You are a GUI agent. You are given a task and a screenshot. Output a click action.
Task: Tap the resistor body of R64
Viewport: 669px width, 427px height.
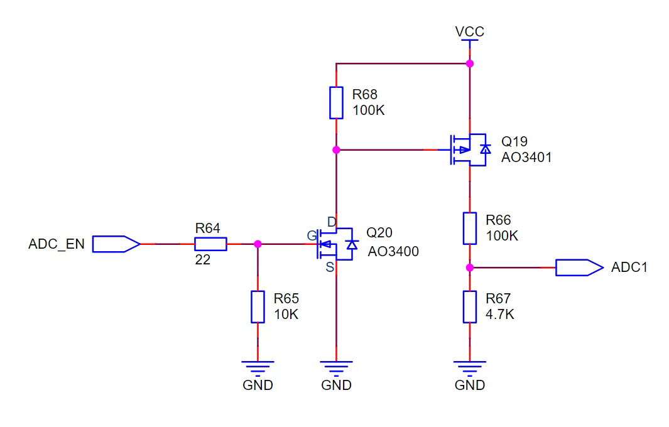coord(210,244)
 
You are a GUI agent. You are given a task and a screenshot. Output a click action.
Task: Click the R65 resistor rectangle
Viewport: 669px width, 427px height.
coord(258,306)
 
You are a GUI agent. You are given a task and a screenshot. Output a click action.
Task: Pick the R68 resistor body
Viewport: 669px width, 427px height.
coord(336,103)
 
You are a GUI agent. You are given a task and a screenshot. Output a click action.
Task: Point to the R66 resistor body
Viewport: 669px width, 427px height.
coord(469,228)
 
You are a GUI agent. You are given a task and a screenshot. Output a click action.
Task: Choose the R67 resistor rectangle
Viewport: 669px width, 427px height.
coord(469,306)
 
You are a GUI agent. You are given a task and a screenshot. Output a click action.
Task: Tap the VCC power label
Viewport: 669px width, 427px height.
coord(469,31)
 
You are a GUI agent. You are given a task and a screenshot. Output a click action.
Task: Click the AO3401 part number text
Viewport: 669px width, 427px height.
coord(526,158)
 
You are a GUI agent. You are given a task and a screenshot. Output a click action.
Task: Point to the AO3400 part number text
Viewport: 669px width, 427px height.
coord(393,252)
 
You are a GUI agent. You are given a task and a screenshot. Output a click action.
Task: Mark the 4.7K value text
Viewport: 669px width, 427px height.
coord(500,315)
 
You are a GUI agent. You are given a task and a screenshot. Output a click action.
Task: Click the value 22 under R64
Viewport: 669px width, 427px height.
coord(202,259)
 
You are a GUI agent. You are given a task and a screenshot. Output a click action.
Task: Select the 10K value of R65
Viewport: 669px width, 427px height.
coord(286,315)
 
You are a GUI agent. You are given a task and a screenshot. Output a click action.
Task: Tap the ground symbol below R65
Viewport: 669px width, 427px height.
coord(258,367)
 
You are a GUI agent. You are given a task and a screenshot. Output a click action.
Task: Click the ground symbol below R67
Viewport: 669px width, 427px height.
coord(469,367)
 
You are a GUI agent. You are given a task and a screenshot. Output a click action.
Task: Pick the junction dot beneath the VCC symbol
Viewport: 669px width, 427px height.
coord(469,63)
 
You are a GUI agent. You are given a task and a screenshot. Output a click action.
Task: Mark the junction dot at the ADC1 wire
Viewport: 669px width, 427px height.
coord(469,268)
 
